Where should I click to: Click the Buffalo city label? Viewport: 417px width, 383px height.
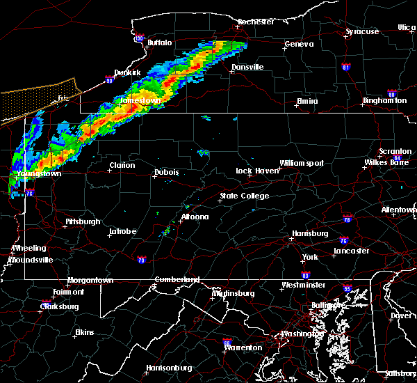(159, 43)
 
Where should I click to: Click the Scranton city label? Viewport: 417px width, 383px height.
(395, 152)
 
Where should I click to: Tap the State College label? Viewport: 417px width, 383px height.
(245, 196)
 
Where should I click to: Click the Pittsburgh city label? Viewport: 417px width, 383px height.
(83, 221)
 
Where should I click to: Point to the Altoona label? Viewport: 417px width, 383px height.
(195, 217)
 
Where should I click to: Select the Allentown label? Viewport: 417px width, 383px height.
(400, 210)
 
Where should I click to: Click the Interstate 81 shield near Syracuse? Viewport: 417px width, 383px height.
(345, 68)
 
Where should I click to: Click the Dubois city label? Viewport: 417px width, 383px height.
(166, 172)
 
